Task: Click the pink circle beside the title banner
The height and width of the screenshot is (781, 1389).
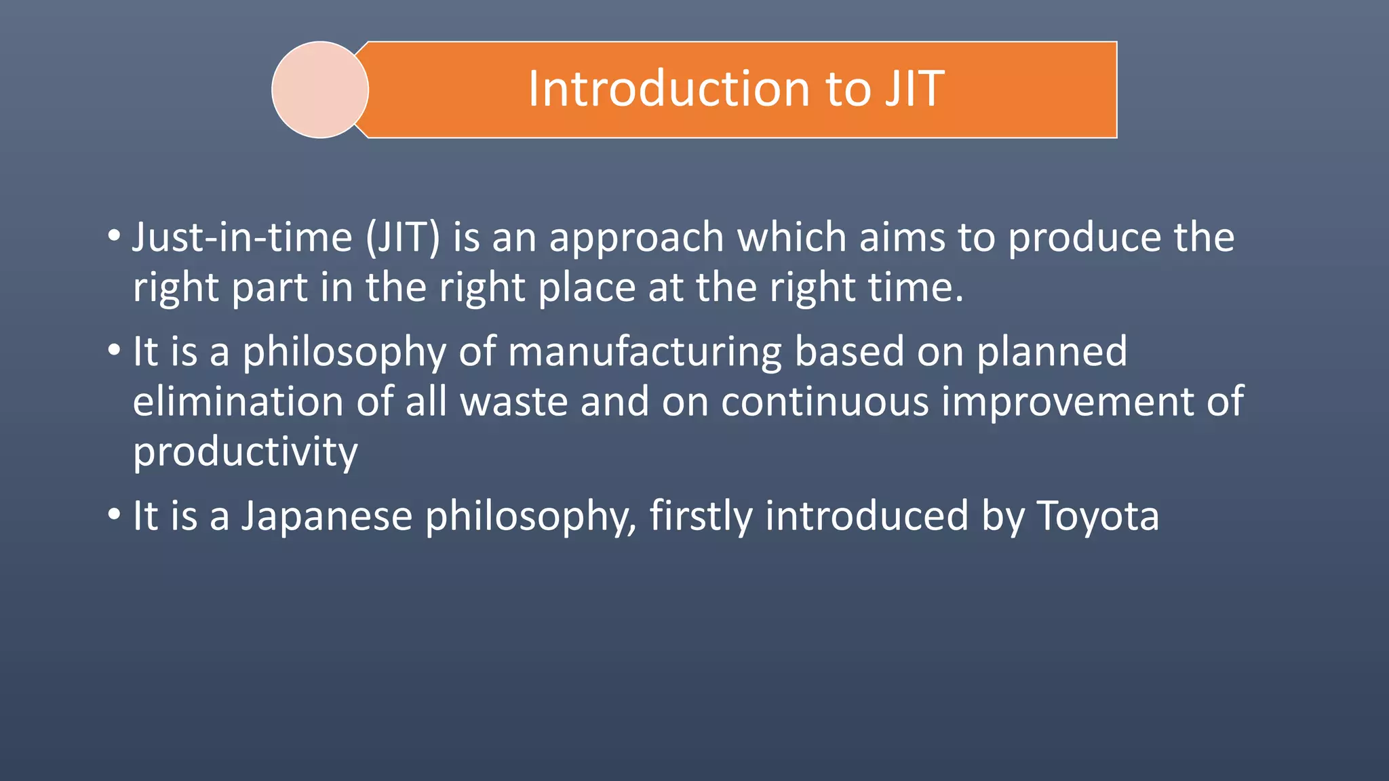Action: [x=320, y=89]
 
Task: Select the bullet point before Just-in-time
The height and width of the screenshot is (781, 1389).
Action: [x=114, y=237]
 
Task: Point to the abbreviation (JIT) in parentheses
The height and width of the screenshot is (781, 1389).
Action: [x=404, y=237]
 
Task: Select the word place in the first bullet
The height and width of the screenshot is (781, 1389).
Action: [x=587, y=288]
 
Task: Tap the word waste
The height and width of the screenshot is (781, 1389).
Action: [x=513, y=401]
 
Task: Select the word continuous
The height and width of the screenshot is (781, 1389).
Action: [x=825, y=401]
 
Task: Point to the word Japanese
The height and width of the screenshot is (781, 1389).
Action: [x=327, y=517]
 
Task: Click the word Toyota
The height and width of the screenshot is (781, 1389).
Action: [x=1098, y=517]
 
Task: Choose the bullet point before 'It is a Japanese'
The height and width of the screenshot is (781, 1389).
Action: [x=114, y=515]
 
